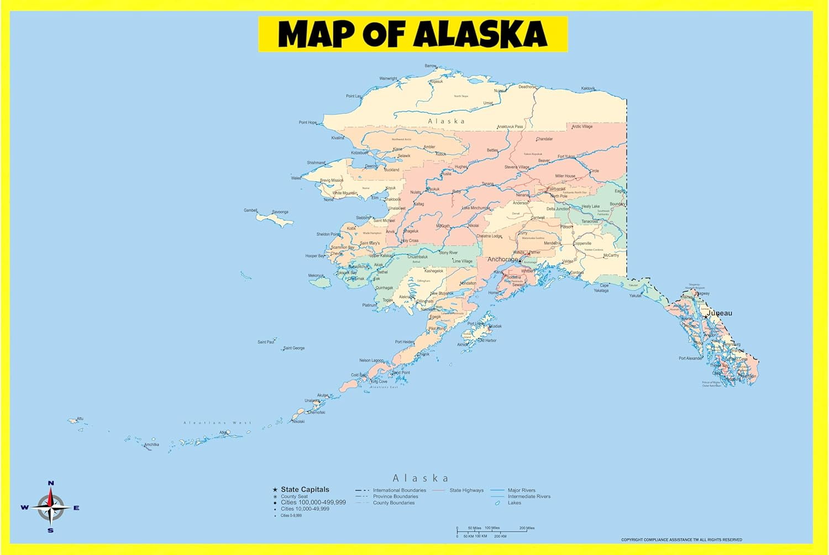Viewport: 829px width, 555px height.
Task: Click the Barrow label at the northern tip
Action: pos(430,66)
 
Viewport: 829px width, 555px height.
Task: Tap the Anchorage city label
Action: pos(502,259)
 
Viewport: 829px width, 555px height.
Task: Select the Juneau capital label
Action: pos(720,313)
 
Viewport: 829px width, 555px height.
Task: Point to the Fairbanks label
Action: pos(557,189)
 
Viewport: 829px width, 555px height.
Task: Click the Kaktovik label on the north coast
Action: pos(588,88)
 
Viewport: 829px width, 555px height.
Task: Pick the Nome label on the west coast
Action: pos(328,199)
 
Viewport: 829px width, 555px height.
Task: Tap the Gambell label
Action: pos(250,210)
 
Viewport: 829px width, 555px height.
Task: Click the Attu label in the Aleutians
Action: pos(80,419)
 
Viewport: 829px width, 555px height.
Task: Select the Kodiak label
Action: pos(495,326)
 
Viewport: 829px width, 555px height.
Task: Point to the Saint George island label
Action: pos(293,348)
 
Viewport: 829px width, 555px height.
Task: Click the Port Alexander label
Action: pos(690,358)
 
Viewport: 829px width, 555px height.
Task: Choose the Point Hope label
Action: pos(308,123)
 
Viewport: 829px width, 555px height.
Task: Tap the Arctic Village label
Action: pos(582,126)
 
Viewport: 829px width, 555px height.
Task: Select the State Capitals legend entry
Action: pos(305,489)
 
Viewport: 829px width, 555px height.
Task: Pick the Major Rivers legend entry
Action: pos(521,490)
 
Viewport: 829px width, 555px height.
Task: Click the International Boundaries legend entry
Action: pos(399,490)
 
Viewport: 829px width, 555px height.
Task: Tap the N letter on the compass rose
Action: pos(51,483)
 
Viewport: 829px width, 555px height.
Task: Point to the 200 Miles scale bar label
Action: pos(527,528)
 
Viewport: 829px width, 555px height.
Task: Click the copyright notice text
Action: pos(681,540)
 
